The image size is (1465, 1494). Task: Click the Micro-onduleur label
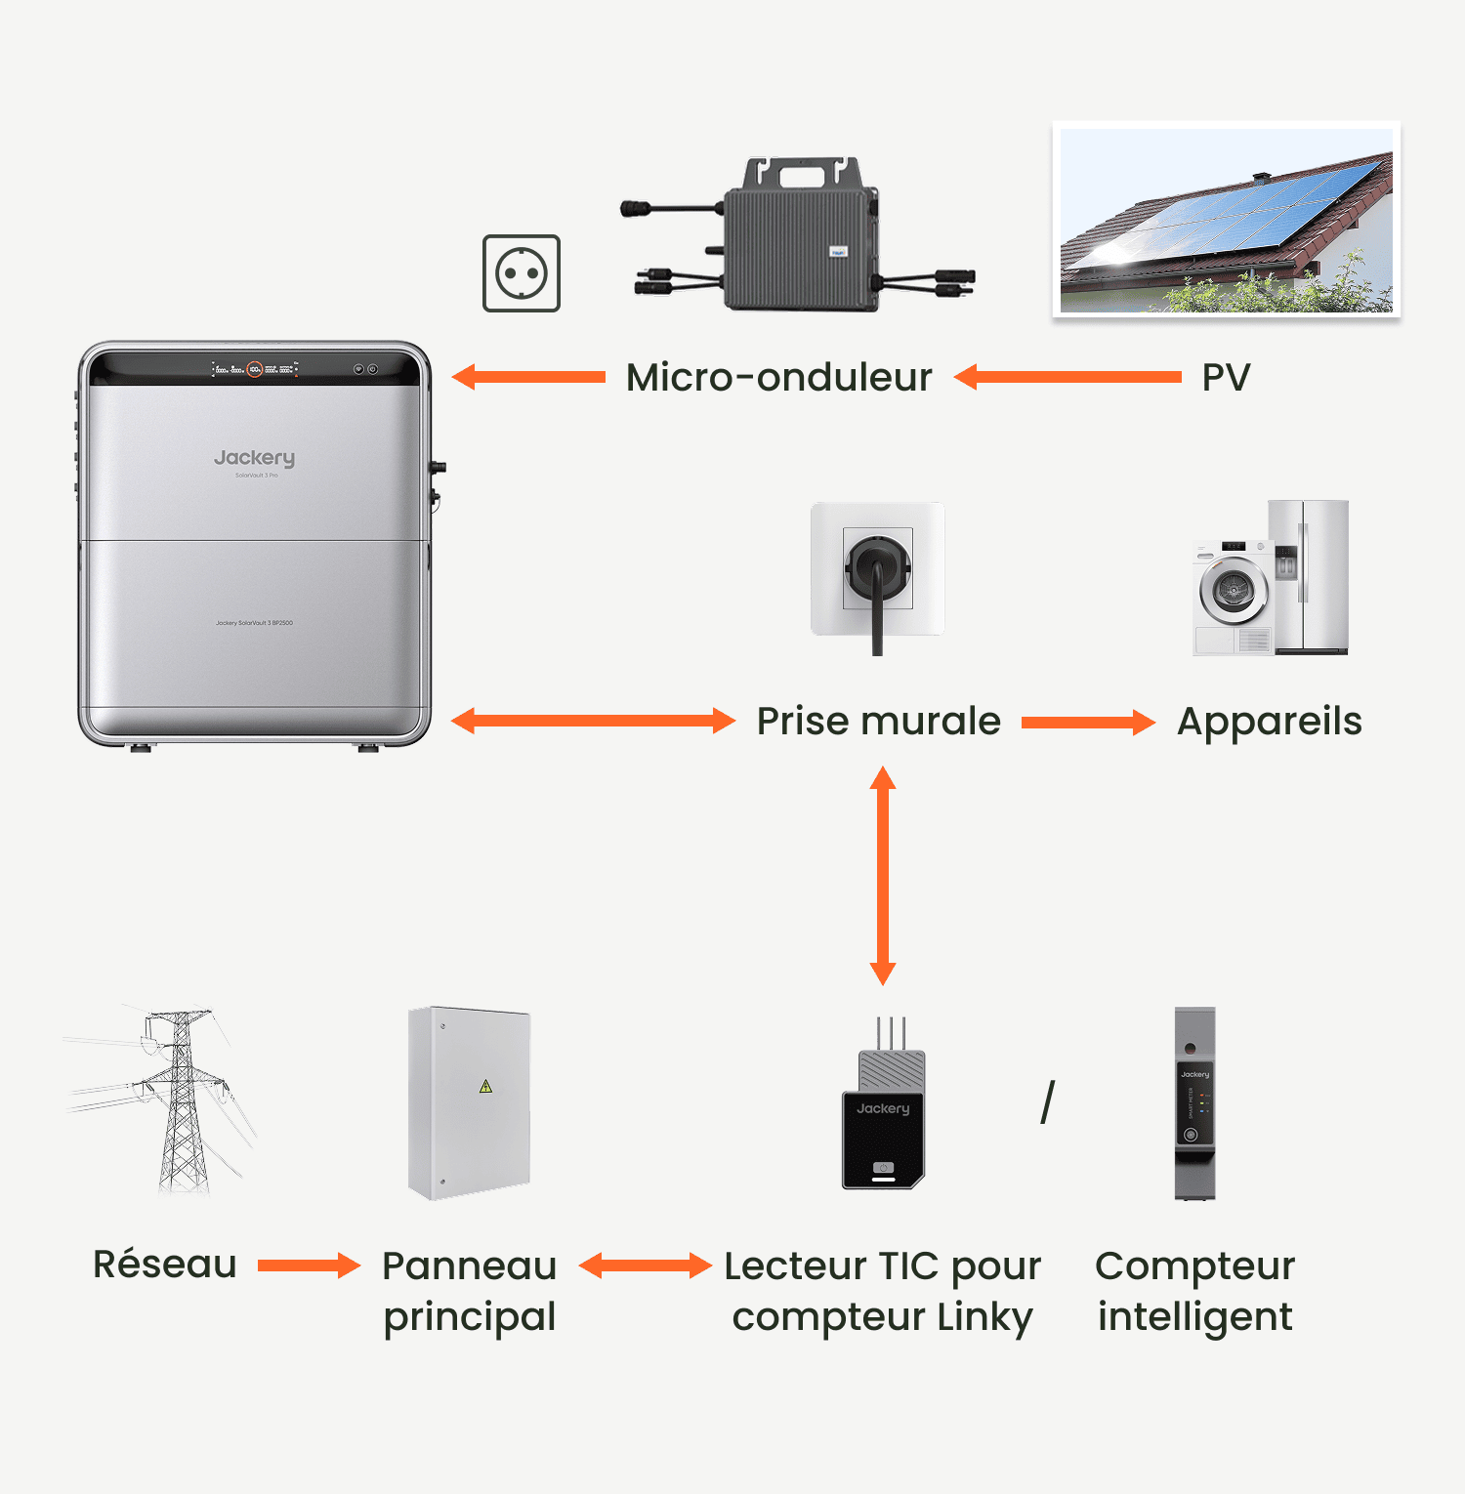pyautogui.click(x=778, y=378)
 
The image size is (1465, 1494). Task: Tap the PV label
pyautogui.click(x=1226, y=378)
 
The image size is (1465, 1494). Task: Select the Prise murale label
pyautogui.click(x=878, y=722)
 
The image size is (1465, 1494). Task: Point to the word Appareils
pyautogui.click(x=1269, y=722)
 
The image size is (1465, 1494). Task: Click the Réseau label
pyautogui.click(x=165, y=1265)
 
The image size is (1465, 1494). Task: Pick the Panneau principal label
pyautogui.click(x=470, y=1290)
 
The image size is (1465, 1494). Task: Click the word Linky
pyautogui.click(x=984, y=1317)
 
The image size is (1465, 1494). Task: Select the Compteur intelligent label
pyautogui.click(x=1194, y=1290)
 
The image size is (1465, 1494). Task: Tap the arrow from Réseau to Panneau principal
pyautogui.click(x=309, y=1266)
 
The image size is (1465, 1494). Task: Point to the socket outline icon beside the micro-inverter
pyautogui.click(x=522, y=273)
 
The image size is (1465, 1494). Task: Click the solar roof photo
pyautogui.click(x=1226, y=220)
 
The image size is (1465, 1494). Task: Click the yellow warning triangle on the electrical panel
pyautogui.click(x=485, y=1086)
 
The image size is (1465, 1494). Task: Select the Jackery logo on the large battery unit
pyautogui.click(x=254, y=457)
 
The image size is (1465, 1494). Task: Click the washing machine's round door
pyautogui.click(x=1234, y=590)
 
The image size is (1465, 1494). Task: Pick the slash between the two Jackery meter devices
pyautogui.click(x=1048, y=1101)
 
